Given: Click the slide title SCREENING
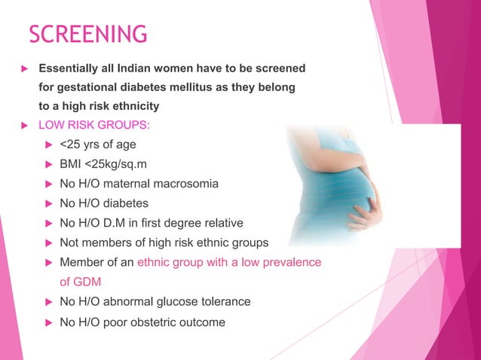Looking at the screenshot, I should pyautogui.click(x=87, y=34).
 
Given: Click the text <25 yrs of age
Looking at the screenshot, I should pyautogui.click(x=97, y=144).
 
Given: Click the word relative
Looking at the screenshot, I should pyautogui.click(x=243, y=223).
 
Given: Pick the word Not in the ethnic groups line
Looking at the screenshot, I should pyautogui.click(x=69, y=243).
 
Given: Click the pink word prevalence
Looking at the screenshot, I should pyautogui.click(x=294, y=262).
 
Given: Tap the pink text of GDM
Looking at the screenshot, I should pyautogui.click(x=80, y=282).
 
